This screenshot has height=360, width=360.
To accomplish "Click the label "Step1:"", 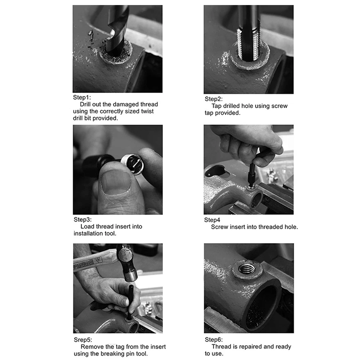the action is pos(82,97).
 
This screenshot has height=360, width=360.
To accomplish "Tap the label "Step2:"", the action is pos(213,99).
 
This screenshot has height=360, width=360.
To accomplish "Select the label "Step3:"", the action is pos(82,220).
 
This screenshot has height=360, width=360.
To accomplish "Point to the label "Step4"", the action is pos(212,220).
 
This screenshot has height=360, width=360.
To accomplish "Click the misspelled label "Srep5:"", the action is pos(83,340).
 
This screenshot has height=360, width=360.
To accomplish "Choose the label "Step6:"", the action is pos(213,339).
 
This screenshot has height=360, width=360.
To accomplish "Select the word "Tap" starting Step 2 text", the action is pos(216,106).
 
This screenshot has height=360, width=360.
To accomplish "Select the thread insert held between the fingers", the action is pos(132,164).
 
